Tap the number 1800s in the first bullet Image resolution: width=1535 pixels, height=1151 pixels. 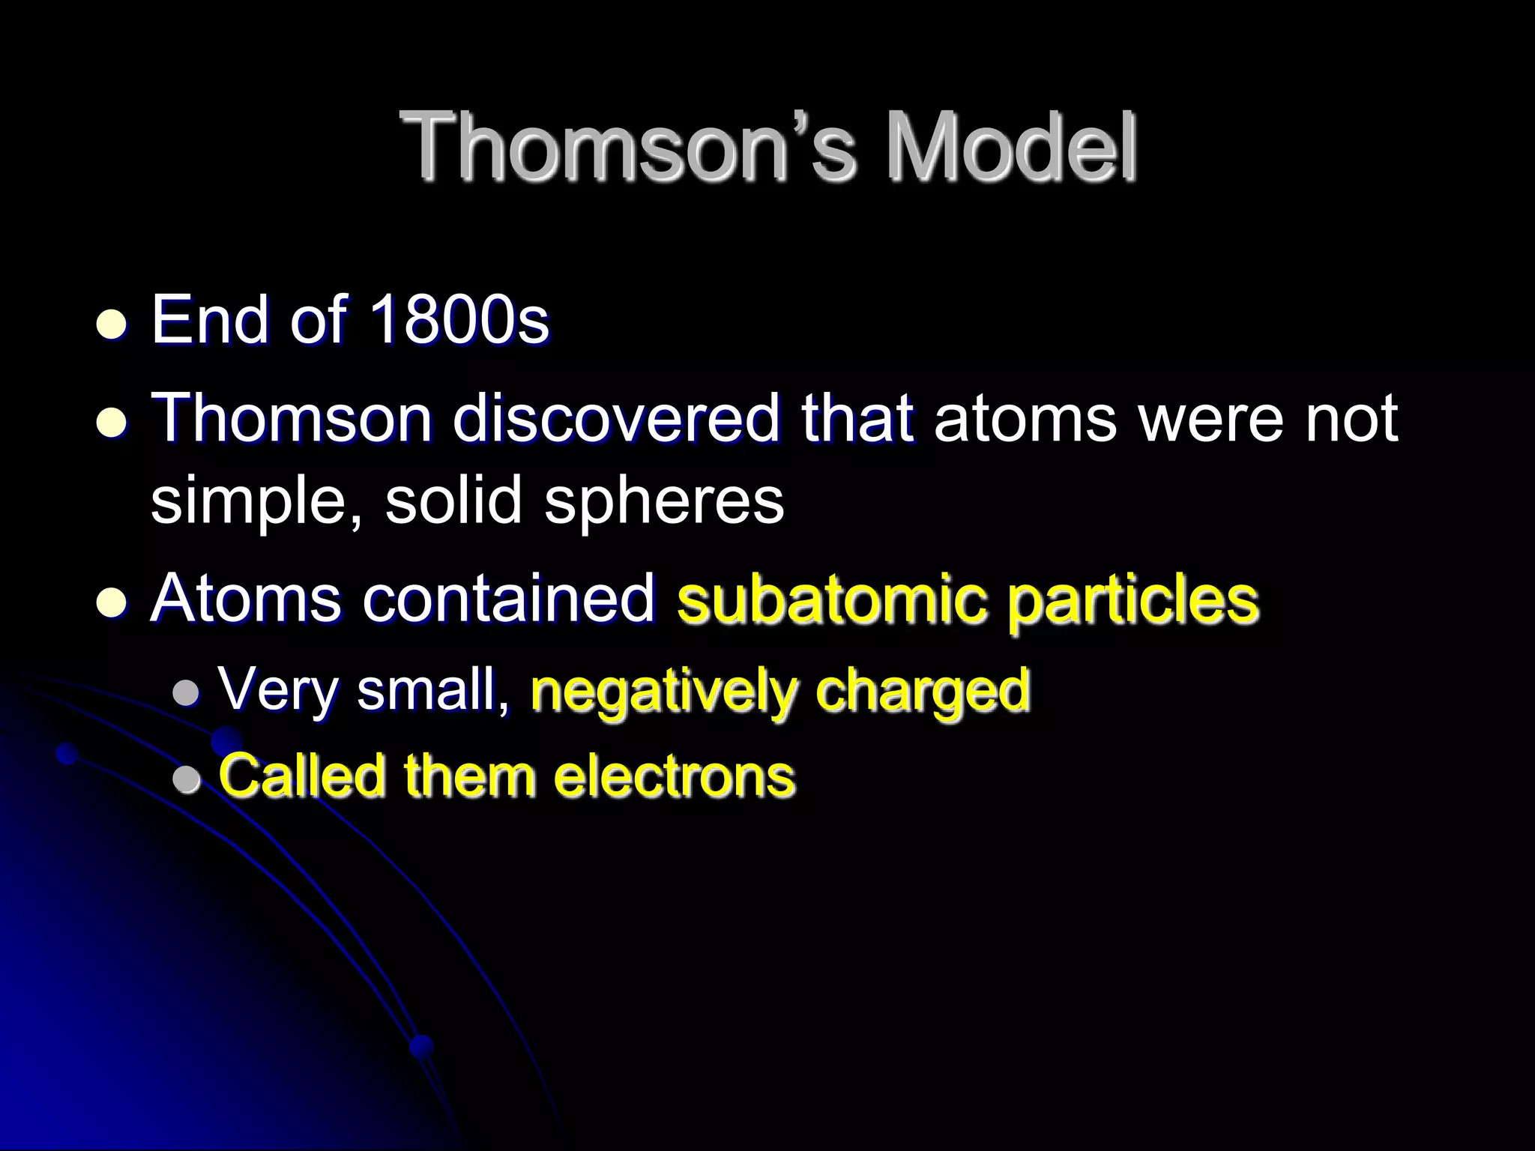[x=459, y=321]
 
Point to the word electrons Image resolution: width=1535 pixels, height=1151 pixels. [x=674, y=775]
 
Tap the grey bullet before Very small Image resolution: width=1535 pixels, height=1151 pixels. [x=186, y=693]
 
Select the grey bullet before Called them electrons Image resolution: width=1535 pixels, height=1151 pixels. [x=186, y=780]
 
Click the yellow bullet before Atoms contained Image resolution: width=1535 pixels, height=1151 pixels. [x=112, y=603]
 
